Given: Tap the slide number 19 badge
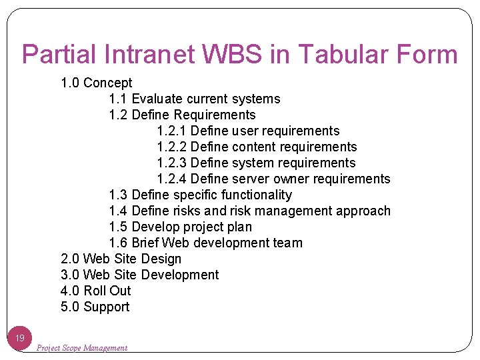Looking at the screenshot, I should pyautogui.click(x=20, y=338).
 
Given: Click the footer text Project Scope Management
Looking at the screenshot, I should pyautogui.click(x=81, y=347).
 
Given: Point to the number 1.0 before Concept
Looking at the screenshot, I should pyautogui.click(x=70, y=83).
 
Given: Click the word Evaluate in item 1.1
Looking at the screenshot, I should pyautogui.click(x=157, y=99).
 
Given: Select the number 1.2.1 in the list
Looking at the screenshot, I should pyautogui.click(x=171, y=131).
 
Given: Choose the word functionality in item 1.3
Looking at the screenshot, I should pyautogui.click(x=257, y=195).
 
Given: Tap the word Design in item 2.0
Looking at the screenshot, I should pyautogui.click(x=161, y=259).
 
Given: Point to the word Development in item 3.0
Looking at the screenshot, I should pyautogui.click(x=179, y=275).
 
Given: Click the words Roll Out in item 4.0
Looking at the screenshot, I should pyautogui.click(x=107, y=291).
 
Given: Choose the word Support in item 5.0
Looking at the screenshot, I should pyautogui.click(x=107, y=307).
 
